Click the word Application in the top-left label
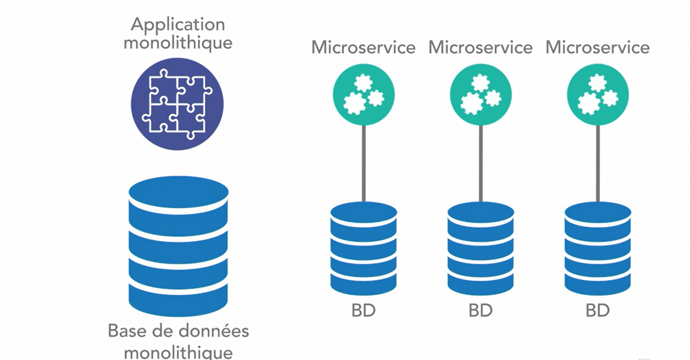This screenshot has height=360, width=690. pos(177,25)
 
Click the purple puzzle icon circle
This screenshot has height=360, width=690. pos(177,104)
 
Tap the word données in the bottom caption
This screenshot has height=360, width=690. pos(216,331)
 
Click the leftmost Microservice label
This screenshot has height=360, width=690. pos(364,47)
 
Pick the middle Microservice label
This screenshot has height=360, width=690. pos(481,47)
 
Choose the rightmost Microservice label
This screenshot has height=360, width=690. pos(597,47)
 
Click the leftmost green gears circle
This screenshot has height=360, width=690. pos(364,94)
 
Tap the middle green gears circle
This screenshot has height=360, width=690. pos(481,94)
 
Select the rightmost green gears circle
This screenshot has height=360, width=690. pos(597,94)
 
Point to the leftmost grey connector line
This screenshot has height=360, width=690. pos(364,163)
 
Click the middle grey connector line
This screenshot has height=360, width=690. pos(481,163)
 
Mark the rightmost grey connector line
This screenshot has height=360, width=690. pos(597,163)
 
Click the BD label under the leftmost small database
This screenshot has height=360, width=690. pos(364,310)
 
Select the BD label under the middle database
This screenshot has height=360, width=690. pos(481,310)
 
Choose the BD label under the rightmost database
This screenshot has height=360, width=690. pos(597,310)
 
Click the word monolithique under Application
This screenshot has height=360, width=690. pos(177,43)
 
